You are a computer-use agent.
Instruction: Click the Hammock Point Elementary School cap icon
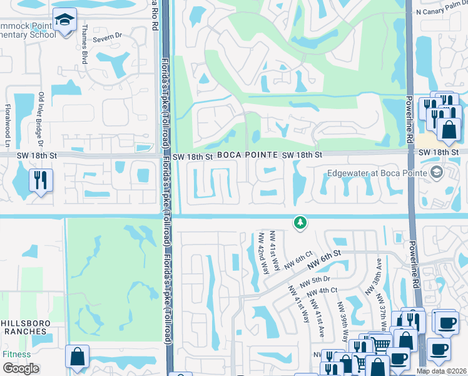[x=64, y=20]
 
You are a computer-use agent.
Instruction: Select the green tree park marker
[x=300, y=222]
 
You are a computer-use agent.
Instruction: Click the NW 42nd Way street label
[x=263, y=254]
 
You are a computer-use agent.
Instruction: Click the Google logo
[x=20, y=368]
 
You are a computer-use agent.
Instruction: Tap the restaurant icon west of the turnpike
[x=41, y=180]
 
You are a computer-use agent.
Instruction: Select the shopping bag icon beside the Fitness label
[x=77, y=356]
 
